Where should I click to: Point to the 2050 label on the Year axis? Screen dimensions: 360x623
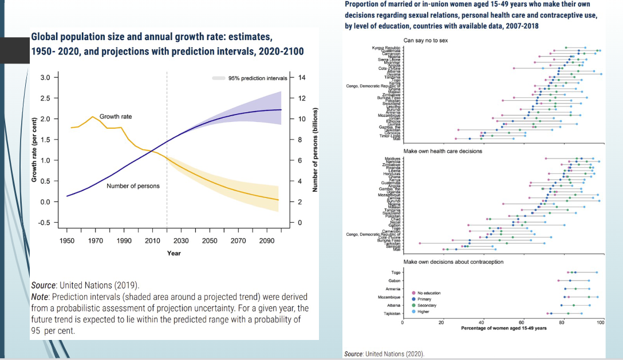coord(210,241)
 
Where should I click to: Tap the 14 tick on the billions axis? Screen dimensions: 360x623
coord(302,78)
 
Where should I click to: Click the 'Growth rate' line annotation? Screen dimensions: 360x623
coord(115,117)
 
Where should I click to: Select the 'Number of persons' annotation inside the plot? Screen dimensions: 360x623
coord(133,186)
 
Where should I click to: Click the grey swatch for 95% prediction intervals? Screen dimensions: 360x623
coord(218,78)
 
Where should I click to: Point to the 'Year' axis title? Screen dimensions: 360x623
coord(174,253)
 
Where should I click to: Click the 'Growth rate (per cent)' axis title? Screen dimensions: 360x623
coord(34,150)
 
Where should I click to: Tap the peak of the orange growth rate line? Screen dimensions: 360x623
coord(93,117)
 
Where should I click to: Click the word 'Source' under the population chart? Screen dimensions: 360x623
coord(43,285)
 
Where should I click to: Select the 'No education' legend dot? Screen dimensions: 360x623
coord(413,293)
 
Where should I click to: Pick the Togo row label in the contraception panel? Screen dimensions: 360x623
coord(395,272)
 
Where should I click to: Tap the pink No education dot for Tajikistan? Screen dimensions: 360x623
coord(548,314)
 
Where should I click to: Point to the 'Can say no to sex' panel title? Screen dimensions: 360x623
coord(425,41)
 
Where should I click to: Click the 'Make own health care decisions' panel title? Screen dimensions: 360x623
coord(443,151)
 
